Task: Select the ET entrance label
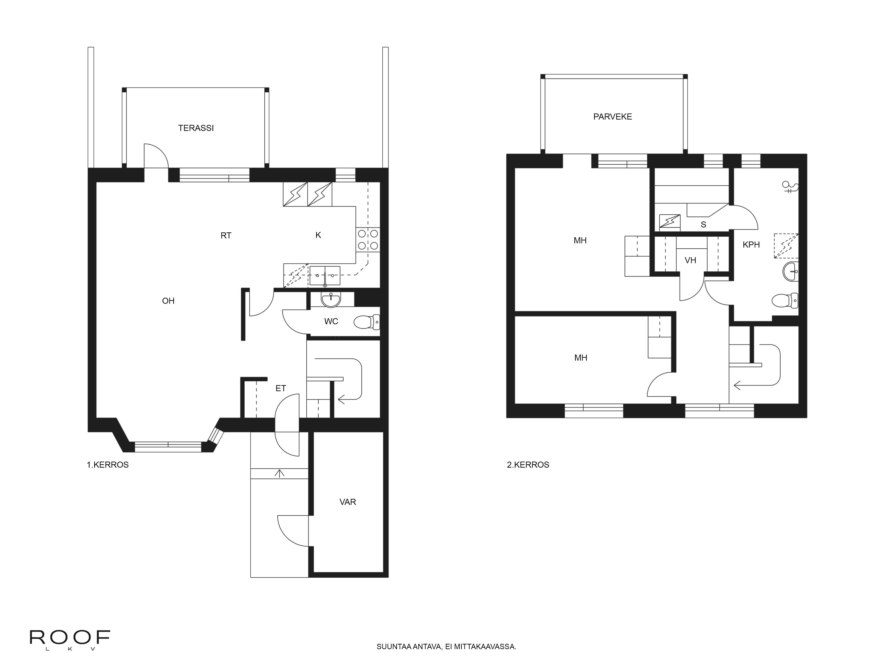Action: pyautogui.click(x=281, y=388)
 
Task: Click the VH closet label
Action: pyautogui.click(x=690, y=260)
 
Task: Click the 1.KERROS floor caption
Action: pyautogui.click(x=108, y=465)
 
